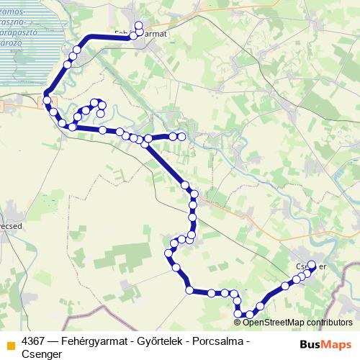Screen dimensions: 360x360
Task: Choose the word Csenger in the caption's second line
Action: (42, 354)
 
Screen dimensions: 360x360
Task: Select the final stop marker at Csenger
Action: (312, 264)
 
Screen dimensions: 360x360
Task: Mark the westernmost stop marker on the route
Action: (46, 101)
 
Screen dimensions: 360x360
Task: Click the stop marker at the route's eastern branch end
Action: (182, 135)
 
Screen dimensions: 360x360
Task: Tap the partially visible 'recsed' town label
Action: (10, 225)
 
